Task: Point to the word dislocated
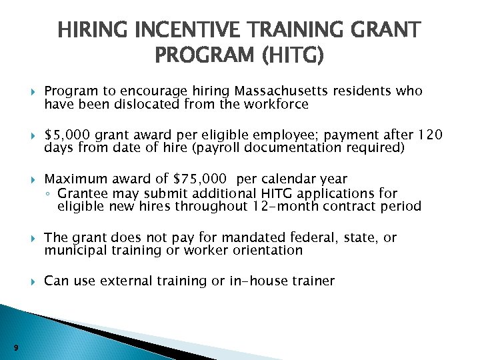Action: (131, 104)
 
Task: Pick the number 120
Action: (426, 135)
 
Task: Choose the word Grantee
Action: (81, 193)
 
